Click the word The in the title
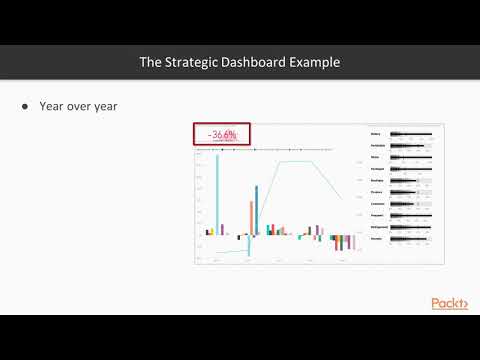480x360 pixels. pos(150,62)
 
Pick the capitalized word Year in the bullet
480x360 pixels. pos(52,105)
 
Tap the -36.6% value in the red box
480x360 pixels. pos(221,135)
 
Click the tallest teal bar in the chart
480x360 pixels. pos(216,190)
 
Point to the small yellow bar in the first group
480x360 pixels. pos(211,231)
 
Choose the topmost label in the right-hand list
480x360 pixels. pos(376,133)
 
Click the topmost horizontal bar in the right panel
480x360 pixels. pos(410,133)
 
